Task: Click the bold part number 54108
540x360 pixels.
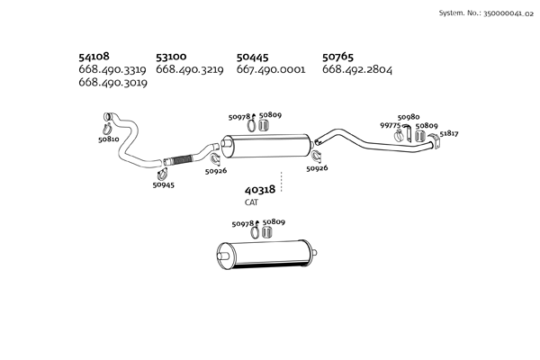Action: tap(94, 56)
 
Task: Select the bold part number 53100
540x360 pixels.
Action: tap(171, 57)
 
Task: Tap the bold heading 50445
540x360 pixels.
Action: tap(252, 58)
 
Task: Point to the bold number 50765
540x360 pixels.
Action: tap(337, 57)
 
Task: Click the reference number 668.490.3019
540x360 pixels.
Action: tap(113, 83)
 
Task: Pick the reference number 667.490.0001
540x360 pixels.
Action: tap(271, 69)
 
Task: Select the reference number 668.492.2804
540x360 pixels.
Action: tap(357, 69)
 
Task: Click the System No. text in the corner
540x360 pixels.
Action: tap(486, 13)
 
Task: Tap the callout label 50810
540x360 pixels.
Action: tap(109, 139)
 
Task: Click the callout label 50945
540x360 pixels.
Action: tap(164, 185)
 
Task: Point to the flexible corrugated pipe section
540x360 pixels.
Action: tap(181, 160)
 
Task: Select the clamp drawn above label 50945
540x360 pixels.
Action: tap(162, 175)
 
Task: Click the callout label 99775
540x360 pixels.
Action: tap(391, 125)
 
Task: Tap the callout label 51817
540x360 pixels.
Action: tap(449, 133)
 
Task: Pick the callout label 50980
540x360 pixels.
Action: tap(409, 117)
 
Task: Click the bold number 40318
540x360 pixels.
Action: tap(260, 190)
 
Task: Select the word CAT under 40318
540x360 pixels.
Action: tap(251, 202)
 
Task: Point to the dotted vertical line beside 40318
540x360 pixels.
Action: tap(282, 182)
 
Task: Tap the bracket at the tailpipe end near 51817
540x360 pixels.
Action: tap(436, 141)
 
